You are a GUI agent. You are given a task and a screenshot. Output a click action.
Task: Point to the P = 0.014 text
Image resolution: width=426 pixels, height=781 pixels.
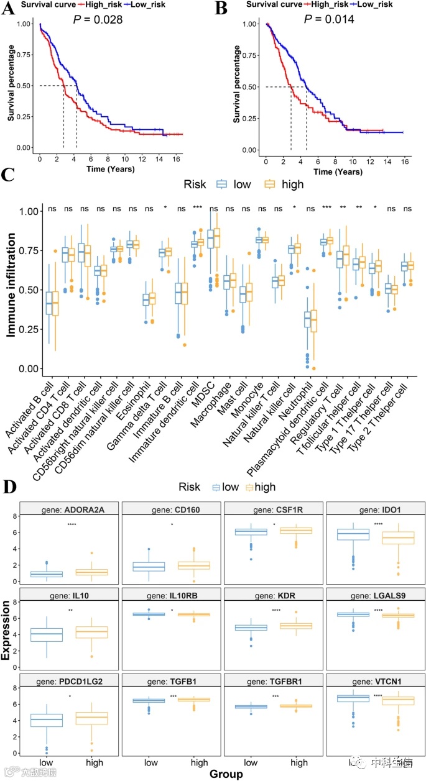pos(330,19)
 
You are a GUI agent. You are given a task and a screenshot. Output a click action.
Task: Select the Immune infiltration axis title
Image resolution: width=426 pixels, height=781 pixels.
pos(12,290)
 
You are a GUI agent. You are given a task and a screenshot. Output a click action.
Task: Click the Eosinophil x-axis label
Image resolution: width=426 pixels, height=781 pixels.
pos(139,401)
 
